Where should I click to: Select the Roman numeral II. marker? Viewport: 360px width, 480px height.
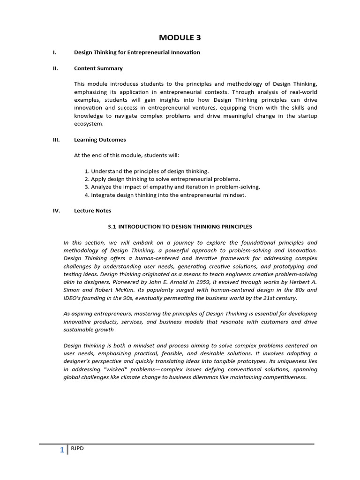click(55, 68)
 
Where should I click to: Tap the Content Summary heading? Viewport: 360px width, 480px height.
click(98, 68)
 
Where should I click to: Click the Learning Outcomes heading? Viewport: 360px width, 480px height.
click(100, 139)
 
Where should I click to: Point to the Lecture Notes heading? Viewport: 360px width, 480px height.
click(92, 210)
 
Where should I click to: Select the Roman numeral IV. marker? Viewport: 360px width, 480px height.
click(56, 210)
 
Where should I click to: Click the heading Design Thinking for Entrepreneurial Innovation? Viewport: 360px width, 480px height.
click(137, 52)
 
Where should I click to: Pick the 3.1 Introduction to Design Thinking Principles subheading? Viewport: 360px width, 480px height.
click(180, 226)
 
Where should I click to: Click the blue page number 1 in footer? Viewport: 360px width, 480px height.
click(61, 450)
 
